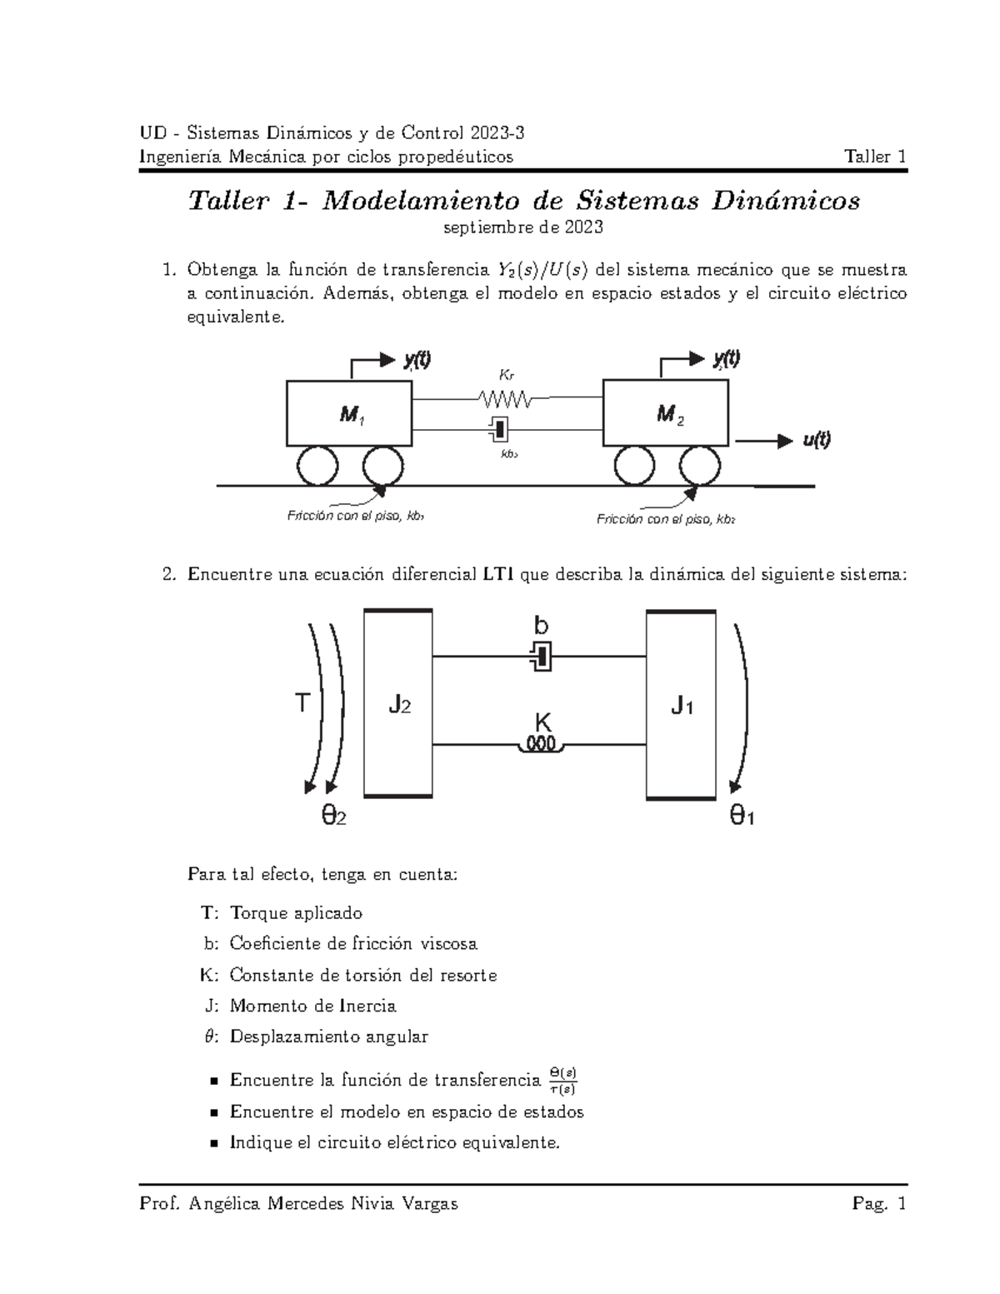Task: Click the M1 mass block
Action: point(349,414)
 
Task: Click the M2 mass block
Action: point(667,413)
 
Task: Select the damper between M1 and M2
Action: point(499,429)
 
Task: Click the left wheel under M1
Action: point(317,465)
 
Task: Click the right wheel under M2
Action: point(699,465)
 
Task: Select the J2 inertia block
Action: point(398,704)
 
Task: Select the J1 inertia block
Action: point(681,705)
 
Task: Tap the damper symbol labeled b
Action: point(541,657)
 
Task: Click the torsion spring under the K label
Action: point(541,744)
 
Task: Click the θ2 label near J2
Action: point(333,817)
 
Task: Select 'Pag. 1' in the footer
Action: point(878,1204)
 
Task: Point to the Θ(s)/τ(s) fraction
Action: point(564,1081)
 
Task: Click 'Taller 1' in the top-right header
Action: point(875,157)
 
